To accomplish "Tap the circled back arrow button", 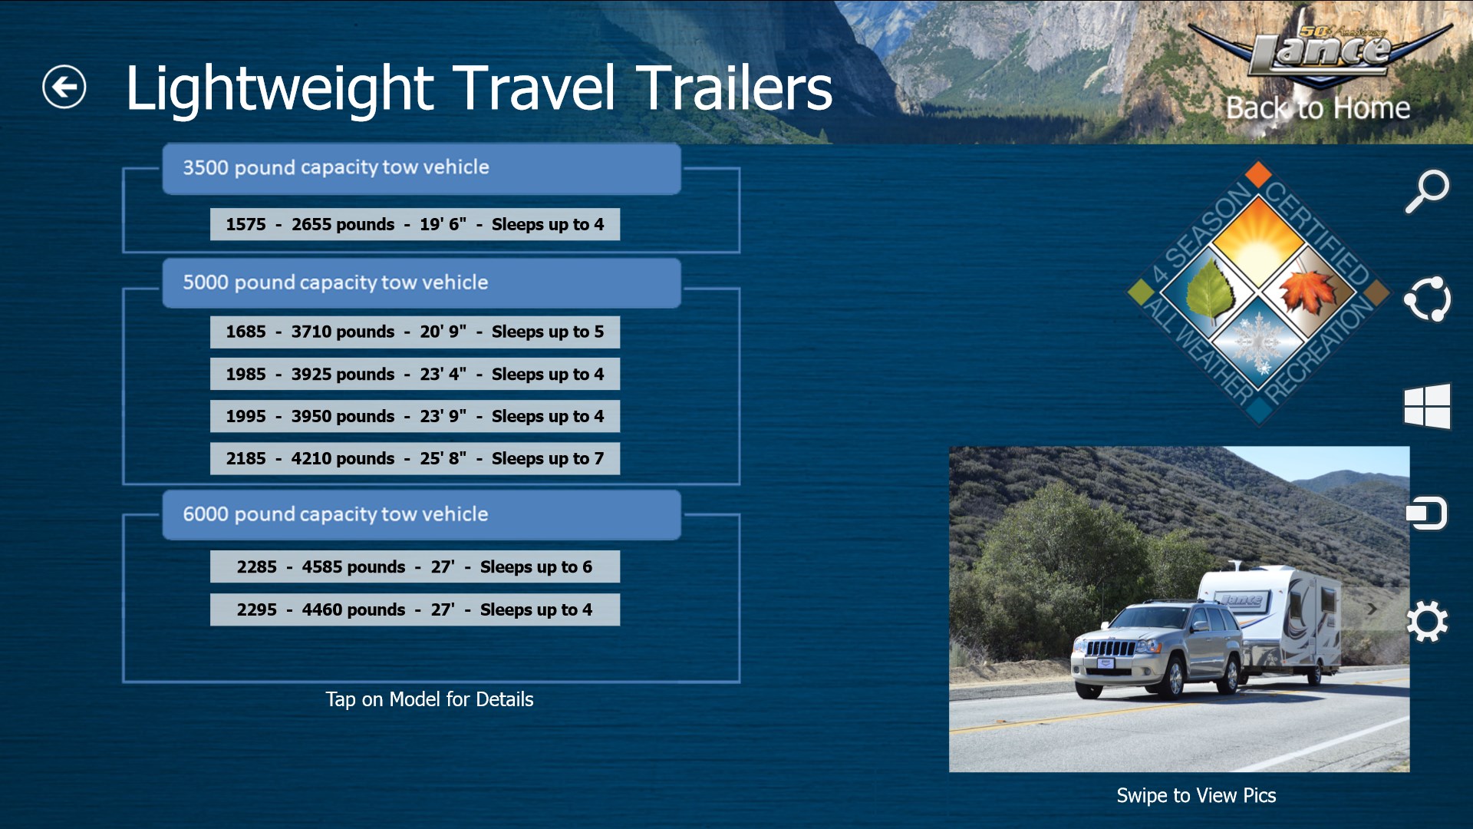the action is click(x=64, y=87).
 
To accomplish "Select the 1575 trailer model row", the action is click(x=415, y=224).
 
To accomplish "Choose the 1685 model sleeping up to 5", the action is click(x=415, y=332).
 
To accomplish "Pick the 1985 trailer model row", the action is click(x=415, y=374).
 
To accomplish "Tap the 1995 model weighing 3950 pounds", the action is click(x=415, y=416).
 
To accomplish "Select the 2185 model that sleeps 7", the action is click(x=415, y=458).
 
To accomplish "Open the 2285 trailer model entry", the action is click(x=415, y=566).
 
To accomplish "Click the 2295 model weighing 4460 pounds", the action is click(x=415, y=609).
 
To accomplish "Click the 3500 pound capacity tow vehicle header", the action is click(x=421, y=168).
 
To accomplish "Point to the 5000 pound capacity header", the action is click(x=421, y=283).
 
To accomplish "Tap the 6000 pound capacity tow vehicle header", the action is click(x=421, y=515).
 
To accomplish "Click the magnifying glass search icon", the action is click(x=1427, y=191).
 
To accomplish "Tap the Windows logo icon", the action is click(x=1427, y=405).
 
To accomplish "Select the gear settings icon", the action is click(x=1427, y=621).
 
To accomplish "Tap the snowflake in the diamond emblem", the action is click(x=1258, y=342).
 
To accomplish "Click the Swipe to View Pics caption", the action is click(x=1196, y=795).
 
